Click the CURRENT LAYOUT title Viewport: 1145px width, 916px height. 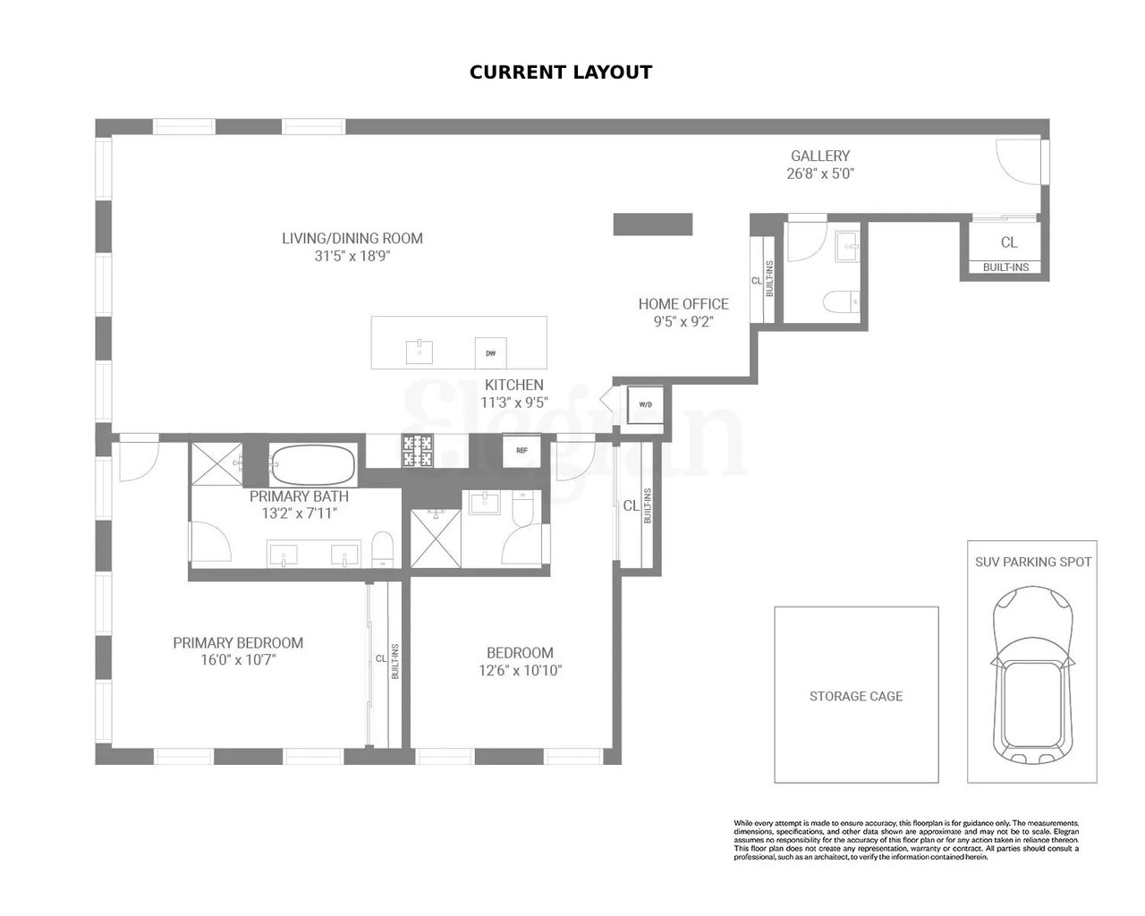point(561,72)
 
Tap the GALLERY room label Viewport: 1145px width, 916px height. point(819,156)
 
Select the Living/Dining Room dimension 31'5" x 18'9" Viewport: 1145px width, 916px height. point(352,256)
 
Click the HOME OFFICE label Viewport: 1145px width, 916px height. point(683,304)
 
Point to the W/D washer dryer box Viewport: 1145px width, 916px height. point(645,403)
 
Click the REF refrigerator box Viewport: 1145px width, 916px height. point(521,451)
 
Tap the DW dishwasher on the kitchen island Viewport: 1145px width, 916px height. point(490,353)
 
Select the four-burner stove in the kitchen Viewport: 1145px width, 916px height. point(417,451)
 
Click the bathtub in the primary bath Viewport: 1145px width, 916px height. point(313,465)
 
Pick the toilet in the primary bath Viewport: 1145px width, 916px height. point(382,548)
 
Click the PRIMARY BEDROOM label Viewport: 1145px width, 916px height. point(238,642)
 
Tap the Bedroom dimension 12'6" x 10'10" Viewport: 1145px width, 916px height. point(520,670)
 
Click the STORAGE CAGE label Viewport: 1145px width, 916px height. point(856,696)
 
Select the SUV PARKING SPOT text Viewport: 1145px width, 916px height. point(1033,562)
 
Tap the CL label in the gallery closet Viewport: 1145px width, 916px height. point(1008,242)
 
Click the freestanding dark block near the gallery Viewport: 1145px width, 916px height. point(653,224)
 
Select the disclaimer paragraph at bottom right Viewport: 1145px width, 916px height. point(906,839)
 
